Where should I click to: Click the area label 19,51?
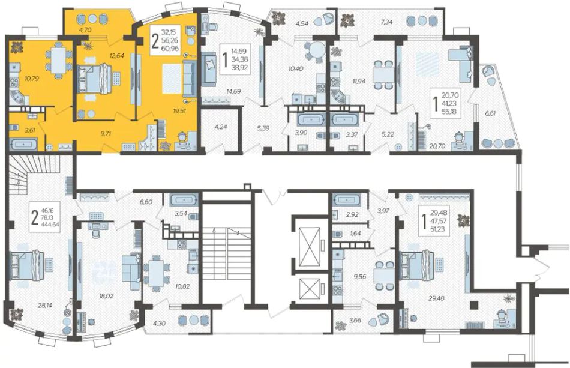point(180,111)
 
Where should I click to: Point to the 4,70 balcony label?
point(85,30)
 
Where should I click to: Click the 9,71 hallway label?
point(97,133)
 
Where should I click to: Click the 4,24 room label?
point(221,127)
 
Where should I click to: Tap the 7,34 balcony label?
point(387,22)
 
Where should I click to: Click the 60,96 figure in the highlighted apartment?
point(172,48)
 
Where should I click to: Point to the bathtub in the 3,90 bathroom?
point(310,119)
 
